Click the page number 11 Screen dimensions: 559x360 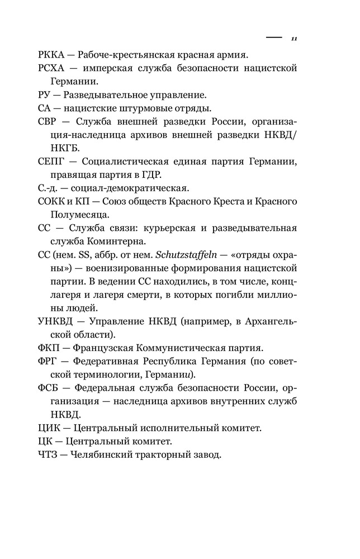point(294,39)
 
